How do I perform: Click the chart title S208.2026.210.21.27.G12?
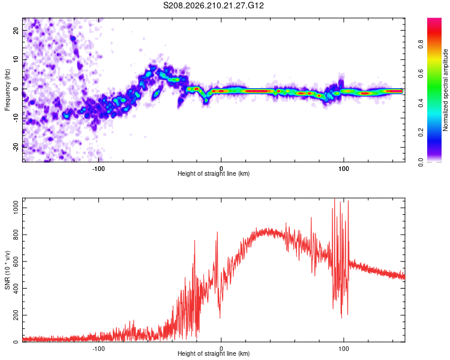213,5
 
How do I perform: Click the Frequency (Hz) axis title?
7,90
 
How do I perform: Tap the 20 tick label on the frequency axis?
16,30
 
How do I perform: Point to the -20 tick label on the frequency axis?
16,148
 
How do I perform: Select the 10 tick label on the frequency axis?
16,59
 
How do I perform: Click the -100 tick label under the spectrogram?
98,169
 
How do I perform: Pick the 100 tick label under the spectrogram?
344,169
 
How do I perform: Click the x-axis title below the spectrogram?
214,173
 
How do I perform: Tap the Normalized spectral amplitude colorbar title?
445,90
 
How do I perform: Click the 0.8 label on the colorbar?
421,44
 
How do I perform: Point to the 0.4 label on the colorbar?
421,103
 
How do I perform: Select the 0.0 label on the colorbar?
421,162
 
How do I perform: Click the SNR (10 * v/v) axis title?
7,270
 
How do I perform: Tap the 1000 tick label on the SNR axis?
16,208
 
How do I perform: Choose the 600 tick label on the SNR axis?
16,262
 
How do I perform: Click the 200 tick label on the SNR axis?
16,315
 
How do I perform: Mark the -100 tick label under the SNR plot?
98,349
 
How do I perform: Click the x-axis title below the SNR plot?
214,353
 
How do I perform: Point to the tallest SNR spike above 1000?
334,199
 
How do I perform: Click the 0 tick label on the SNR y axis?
16,342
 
